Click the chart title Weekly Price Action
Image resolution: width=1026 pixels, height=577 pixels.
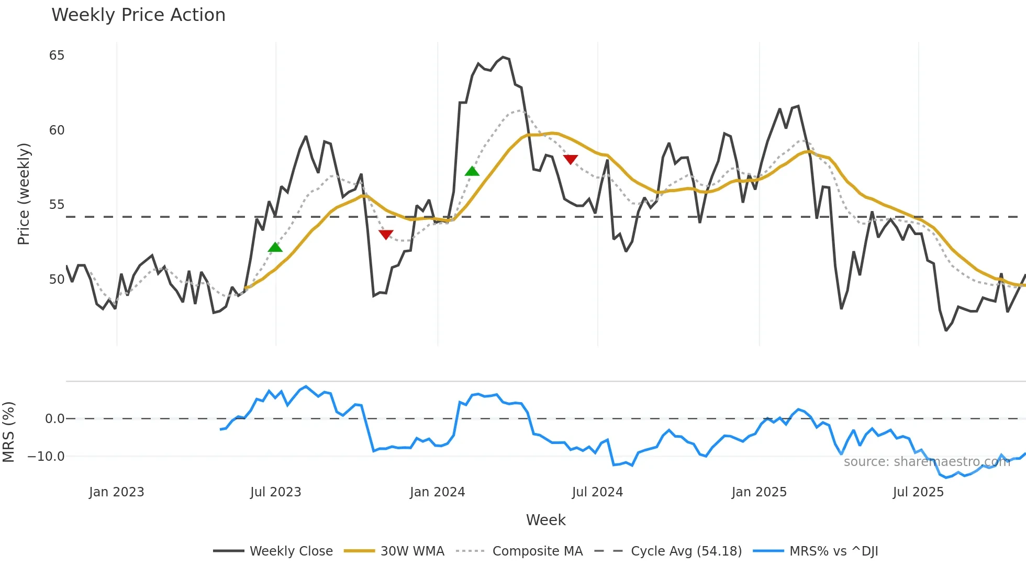click(x=138, y=15)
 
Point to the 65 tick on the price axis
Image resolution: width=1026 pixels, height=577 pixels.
click(x=57, y=56)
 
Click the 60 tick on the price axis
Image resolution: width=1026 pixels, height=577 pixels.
click(x=57, y=130)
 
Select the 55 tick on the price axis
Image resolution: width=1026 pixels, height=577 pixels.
click(x=57, y=205)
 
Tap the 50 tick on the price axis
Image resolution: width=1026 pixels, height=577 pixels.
click(x=57, y=280)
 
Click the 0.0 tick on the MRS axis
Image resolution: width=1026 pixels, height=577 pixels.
click(x=54, y=419)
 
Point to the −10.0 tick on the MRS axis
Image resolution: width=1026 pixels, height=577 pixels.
click(x=46, y=457)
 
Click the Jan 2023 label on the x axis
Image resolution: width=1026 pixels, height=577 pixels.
click(x=116, y=492)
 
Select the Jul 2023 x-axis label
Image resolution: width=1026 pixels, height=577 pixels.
click(x=275, y=492)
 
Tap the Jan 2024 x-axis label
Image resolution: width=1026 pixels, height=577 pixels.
click(x=437, y=492)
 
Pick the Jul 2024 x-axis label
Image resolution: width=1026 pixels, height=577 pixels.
click(x=597, y=492)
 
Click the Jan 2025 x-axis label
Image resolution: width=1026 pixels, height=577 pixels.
click(x=759, y=492)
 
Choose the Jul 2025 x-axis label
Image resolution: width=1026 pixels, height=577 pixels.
click(x=918, y=492)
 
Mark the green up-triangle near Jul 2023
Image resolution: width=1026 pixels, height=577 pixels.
click(x=275, y=247)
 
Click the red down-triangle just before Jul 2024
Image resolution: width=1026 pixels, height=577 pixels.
click(x=570, y=159)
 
